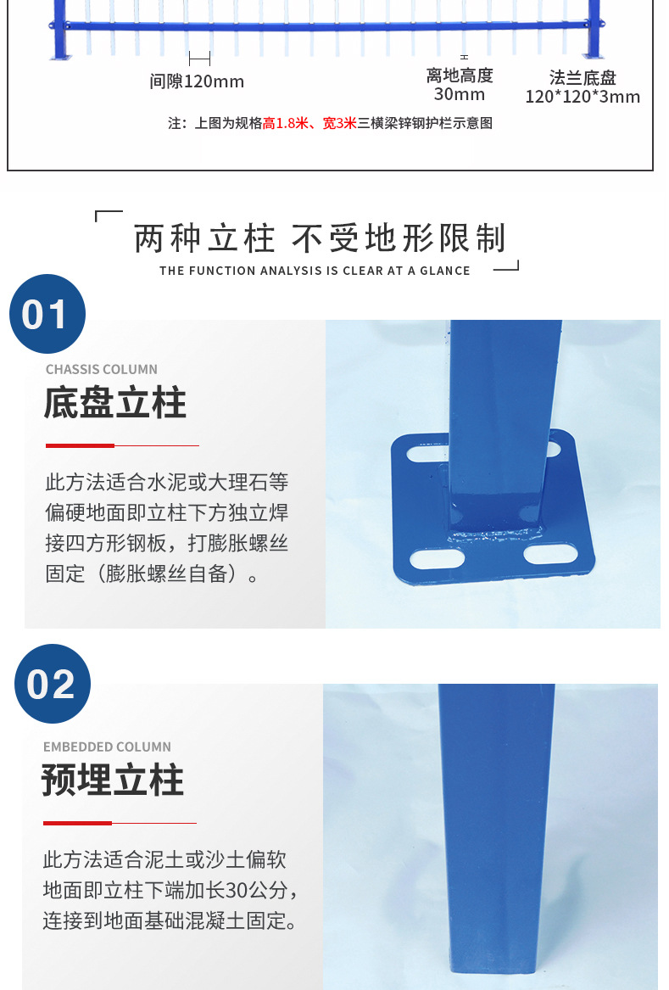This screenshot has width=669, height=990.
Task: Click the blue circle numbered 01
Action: (47, 314)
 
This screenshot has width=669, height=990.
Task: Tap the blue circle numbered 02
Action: (52, 684)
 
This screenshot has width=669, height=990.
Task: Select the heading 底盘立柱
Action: (114, 404)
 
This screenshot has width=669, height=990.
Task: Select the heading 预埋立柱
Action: (113, 780)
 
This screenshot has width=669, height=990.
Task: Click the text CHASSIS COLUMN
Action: (101, 370)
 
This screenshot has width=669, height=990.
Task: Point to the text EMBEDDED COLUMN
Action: (107, 747)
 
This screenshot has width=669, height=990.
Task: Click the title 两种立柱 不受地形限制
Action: (320, 239)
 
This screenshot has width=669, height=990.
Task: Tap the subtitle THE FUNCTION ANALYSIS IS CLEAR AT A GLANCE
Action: (315, 271)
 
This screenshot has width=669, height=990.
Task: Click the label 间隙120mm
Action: (197, 82)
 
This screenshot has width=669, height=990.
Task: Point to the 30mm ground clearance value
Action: (459, 94)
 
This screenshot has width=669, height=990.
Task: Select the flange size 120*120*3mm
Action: (583, 97)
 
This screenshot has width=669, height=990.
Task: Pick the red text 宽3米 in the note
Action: (340, 124)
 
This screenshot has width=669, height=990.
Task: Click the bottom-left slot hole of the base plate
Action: (437, 559)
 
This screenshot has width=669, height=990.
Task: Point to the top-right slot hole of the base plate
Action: (559, 446)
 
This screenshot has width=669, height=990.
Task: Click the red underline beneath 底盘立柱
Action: (80, 445)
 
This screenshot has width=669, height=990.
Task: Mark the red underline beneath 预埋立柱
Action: (77, 823)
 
